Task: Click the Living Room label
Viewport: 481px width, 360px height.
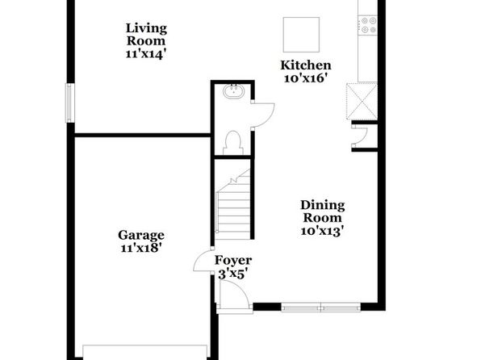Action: pos(146,35)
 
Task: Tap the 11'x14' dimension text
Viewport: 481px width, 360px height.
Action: pos(146,54)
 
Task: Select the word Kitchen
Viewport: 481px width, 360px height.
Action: pos(306,65)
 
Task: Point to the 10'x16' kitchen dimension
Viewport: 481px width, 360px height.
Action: pos(304,78)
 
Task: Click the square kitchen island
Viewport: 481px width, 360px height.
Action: pos(301,35)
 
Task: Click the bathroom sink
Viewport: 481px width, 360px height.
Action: pos(233,91)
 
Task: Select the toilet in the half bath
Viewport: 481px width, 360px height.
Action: pos(233,143)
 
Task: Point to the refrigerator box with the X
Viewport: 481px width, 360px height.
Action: pos(362,101)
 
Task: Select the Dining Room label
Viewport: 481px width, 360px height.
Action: pos(322,211)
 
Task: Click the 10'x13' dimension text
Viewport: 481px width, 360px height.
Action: pos(322,231)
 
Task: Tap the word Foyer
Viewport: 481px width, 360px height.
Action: pos(233,260)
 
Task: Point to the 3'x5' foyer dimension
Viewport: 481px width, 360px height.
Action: pos(232,274)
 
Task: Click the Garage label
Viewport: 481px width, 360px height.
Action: pos(141,236)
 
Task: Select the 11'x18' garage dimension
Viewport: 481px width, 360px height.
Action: pos(141,248)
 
